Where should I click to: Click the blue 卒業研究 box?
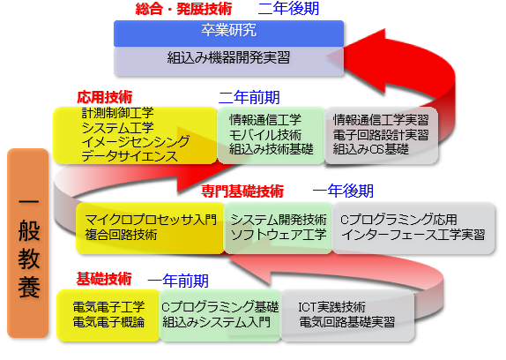228,34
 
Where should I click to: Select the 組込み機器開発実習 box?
228,62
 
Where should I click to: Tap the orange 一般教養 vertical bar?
27,244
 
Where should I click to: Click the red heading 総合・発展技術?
183,9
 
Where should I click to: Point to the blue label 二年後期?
288,9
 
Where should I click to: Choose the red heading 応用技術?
105,97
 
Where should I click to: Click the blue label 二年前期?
249,98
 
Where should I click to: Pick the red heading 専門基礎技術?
242,191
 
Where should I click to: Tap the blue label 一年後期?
343,191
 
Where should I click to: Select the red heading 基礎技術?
104,279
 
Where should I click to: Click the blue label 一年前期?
178,281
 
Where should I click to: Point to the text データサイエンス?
130,156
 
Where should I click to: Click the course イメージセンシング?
136,142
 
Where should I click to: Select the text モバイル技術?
265,135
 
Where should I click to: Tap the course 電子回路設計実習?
381,135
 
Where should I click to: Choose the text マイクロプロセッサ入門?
151,220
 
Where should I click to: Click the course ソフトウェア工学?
279,235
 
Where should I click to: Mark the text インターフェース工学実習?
413,235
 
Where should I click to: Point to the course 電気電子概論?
108,322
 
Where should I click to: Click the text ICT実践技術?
331,307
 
